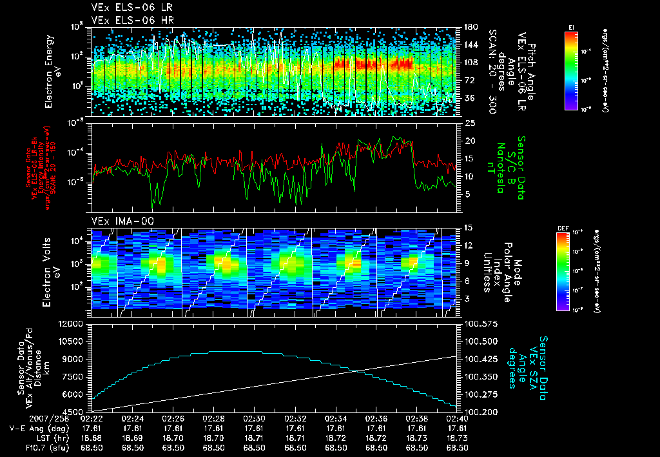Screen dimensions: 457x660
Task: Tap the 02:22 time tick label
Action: [x=92, y=418]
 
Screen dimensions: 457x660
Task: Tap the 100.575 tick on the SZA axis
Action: [x=480, y=323]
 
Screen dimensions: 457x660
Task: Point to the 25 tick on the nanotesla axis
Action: [x=470, y=123]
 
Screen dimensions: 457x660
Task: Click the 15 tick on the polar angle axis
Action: [x=469, y=227]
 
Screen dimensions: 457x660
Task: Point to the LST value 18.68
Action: [x=92, y=437]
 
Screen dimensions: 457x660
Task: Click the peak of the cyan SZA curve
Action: [x=229, y=352]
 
